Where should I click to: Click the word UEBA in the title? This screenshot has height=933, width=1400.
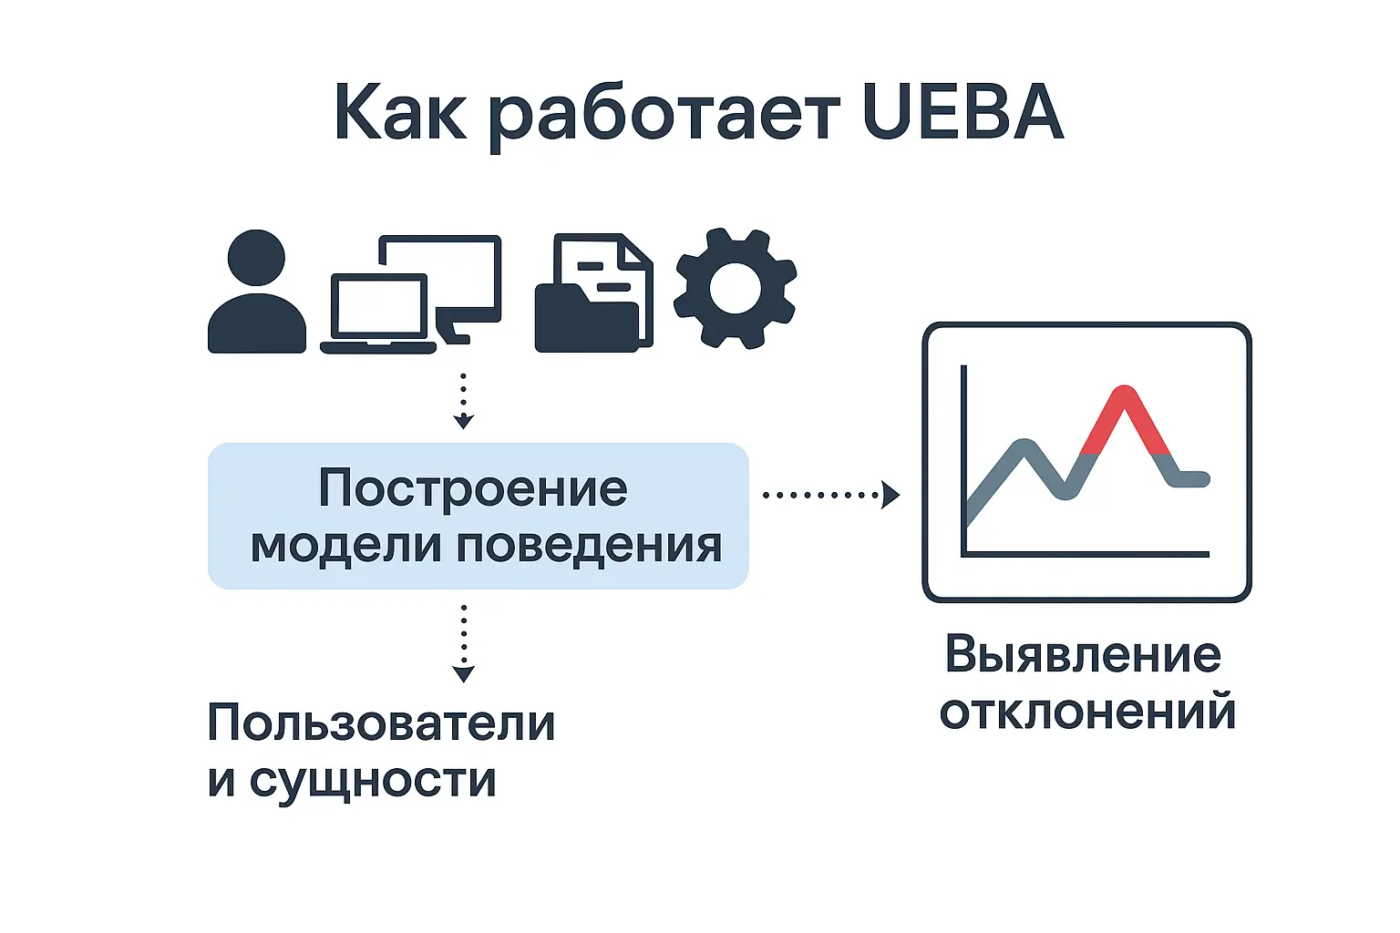point(963,112)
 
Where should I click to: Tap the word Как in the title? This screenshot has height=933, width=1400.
point(401,112)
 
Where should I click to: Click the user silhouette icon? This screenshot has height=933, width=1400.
point(257,292)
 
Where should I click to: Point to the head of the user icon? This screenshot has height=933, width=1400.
point(256,258)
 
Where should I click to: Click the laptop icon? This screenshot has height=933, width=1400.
point(378,313)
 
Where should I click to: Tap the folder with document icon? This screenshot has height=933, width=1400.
point(593,293)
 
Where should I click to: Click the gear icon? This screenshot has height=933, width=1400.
point(735,288)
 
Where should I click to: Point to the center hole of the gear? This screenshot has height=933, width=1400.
point(736,288)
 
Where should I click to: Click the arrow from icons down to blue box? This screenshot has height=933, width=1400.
point(463,401)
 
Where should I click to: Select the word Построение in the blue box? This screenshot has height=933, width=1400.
point(473,489)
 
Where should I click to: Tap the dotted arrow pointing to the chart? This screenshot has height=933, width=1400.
point(831,495)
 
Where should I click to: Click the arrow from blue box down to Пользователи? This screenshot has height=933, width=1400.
point(463,643)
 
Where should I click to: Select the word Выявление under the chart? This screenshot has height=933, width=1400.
point(1083,655)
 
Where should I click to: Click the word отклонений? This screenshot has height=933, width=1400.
point(1088,712)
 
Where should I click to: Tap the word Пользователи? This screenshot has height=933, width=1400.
point(381,723)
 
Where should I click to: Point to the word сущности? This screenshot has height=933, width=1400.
point(373,781)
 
